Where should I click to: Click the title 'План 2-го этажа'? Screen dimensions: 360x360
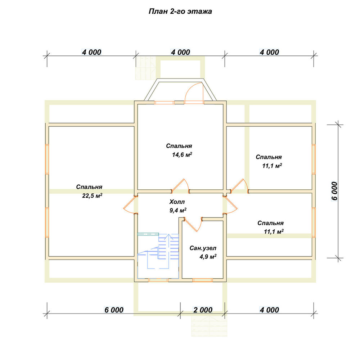180,12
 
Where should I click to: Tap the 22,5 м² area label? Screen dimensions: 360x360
92,195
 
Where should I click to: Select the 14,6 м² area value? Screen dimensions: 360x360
182,154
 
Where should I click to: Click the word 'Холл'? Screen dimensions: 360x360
177,202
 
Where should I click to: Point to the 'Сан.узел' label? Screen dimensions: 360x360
203,248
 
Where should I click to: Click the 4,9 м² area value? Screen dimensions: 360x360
208,256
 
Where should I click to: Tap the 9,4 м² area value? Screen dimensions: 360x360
178,210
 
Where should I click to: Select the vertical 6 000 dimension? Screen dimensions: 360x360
334,191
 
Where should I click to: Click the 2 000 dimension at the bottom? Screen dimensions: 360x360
203,310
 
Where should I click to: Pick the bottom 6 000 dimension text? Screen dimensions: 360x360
114,310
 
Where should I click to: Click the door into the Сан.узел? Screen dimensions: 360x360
193,224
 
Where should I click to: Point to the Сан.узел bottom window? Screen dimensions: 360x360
202,280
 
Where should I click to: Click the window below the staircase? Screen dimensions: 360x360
158,280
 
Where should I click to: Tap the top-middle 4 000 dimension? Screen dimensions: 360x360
180,52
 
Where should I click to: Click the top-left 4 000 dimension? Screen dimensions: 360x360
91,52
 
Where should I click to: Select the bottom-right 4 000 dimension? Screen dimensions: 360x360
269,310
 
